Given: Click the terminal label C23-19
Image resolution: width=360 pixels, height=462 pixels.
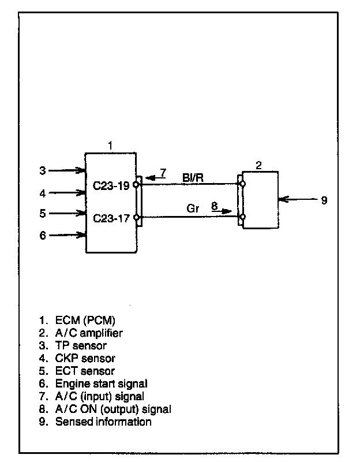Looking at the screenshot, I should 112,186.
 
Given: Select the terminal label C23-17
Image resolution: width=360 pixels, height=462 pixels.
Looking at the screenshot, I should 112,218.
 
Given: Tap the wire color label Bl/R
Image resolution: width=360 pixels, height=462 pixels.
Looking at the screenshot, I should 193,177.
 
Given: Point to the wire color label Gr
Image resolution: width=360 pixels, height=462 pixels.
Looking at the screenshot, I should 193,209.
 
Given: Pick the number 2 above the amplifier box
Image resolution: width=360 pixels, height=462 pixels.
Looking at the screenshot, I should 258,165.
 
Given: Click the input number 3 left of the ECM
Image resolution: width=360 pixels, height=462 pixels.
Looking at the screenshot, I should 42,170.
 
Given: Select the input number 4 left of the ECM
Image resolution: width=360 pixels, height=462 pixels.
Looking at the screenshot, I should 42,193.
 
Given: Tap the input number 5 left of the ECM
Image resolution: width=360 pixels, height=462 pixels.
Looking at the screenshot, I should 42,214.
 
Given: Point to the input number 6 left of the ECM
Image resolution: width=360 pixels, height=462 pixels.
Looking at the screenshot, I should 42,235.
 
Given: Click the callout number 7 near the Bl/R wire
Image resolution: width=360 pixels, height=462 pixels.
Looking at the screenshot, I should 163,172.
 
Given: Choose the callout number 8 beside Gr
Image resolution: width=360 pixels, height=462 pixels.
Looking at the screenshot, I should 213,204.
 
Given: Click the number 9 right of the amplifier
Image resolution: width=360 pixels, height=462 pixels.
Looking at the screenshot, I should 324,200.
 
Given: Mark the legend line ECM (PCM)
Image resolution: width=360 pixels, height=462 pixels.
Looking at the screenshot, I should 89,319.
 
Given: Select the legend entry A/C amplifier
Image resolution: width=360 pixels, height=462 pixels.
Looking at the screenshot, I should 89,333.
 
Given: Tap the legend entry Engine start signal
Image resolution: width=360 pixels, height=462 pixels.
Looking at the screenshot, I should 102,383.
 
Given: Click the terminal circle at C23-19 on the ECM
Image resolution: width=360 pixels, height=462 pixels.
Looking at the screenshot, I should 136,185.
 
